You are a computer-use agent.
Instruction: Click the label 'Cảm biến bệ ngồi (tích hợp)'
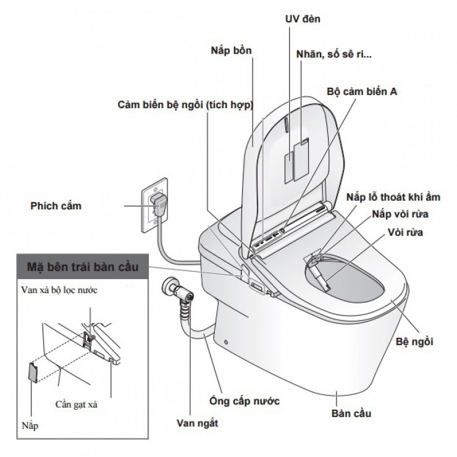click(186, 105)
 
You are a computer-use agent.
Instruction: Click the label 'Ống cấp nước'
click(245, 401)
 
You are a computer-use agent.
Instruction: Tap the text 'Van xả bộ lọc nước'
click(69, 289)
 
